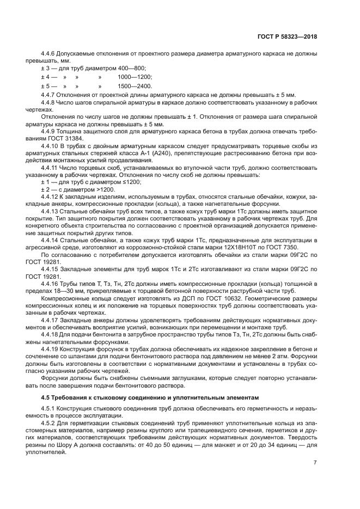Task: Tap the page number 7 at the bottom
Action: pyautogui.click(x=315, y=463)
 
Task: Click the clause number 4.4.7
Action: pyautogui.click(x=49, y=95)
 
